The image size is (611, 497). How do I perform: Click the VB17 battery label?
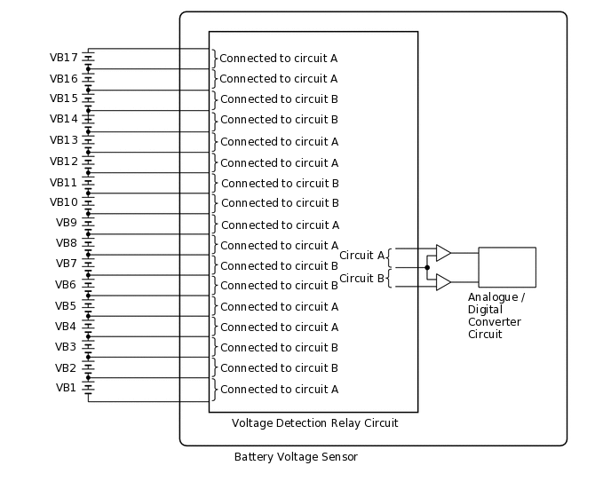[x=64, y=58]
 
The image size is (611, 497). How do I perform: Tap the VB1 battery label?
[x=67, y=388]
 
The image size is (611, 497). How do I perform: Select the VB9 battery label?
[x=67, y=223]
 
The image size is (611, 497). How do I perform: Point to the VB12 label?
[x=64, y=162]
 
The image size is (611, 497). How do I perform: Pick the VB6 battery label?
[x=67, y=285]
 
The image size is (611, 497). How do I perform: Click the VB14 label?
[x=64, y=119]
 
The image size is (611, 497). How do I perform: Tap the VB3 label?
[x=67, y=347]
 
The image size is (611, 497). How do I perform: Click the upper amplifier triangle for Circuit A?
[x=443, y=253]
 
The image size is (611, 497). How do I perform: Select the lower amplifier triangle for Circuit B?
[x=443, y=282]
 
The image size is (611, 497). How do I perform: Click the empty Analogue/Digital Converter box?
[x=507, y=267]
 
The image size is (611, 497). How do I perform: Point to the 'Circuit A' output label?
[x=361, y=256]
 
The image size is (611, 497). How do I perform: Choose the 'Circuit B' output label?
[x=361, y=279]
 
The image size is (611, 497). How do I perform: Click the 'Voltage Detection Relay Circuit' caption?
[x=314, y=423]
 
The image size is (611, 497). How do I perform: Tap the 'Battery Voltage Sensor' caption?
[x=296, y=457]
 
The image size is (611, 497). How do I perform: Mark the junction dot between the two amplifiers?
[x=427, y=267]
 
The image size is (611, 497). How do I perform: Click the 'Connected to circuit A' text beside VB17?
[x=278, y=59]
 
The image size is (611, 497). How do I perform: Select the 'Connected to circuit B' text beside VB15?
[x=279, y=99]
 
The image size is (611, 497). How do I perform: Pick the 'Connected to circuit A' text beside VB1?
[x=279, y=389]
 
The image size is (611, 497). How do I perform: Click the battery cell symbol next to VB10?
[x=89, y=202]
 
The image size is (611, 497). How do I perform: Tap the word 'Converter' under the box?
[x=494, y=321]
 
